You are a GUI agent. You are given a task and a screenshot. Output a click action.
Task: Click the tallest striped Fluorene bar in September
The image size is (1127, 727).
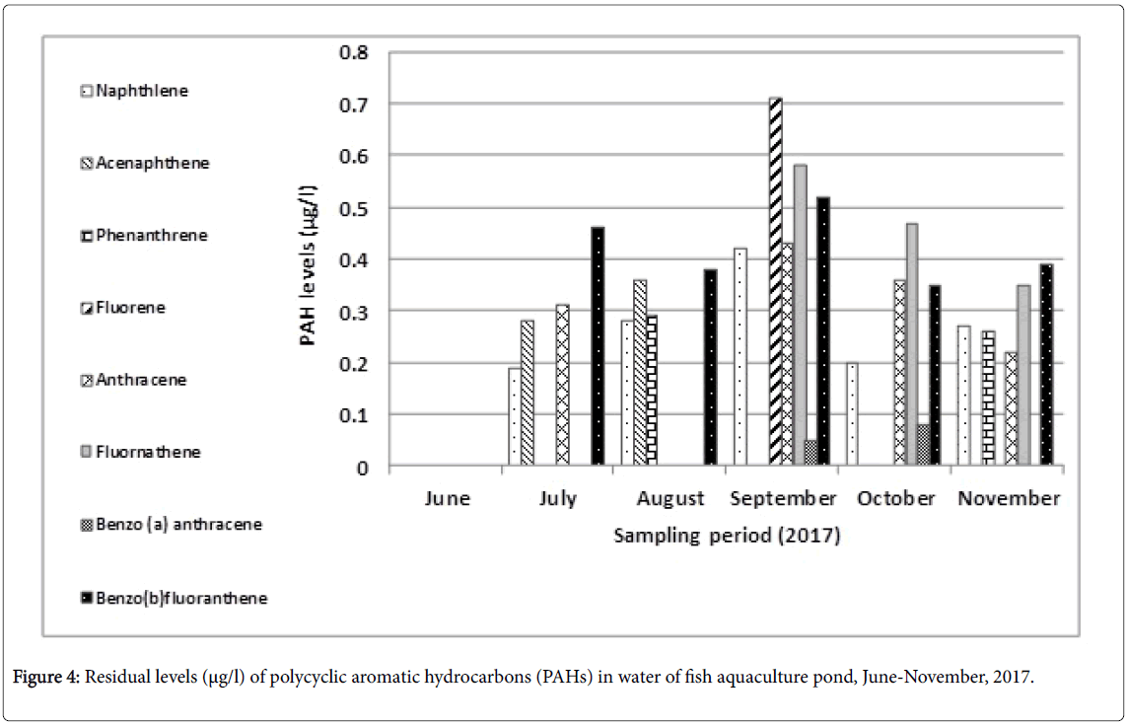coord(776,281)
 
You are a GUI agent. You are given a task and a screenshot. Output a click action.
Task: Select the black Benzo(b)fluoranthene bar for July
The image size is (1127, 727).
coord(597,345)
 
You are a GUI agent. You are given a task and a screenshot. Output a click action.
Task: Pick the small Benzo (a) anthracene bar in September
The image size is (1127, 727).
coord(810,453)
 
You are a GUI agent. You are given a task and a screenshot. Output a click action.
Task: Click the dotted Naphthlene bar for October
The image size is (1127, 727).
coord(852,414)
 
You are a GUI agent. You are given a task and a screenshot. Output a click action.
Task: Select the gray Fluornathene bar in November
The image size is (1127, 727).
coord(1023,375)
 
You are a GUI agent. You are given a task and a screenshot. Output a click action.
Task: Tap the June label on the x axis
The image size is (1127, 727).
coord(447,498)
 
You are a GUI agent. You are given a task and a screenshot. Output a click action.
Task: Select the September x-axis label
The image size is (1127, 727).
coord(783,498)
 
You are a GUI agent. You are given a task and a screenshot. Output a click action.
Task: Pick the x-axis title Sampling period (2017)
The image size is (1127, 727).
coord(727,537)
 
